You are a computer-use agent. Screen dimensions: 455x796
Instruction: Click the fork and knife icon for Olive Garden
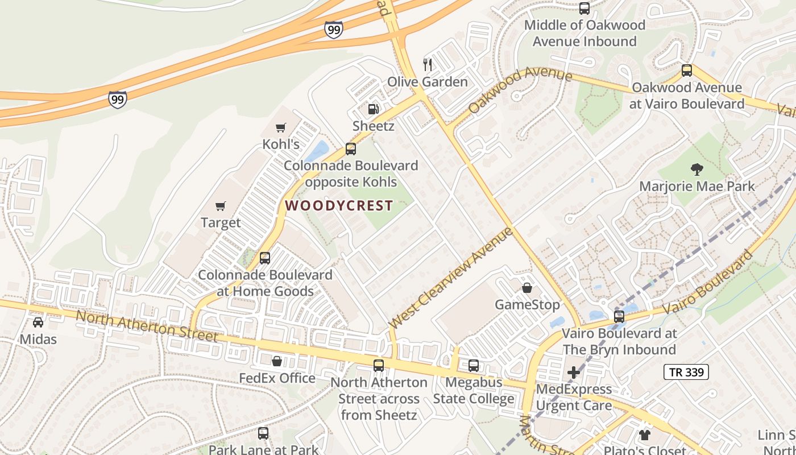coord(428,64)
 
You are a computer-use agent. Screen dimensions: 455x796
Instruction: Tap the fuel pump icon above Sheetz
coord(373,108)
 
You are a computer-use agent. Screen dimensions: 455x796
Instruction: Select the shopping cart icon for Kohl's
coord(280,127)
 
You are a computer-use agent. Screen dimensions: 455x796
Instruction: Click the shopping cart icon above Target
coord(221,206)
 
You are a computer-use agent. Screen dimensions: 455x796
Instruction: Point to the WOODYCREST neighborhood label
coord(339,206)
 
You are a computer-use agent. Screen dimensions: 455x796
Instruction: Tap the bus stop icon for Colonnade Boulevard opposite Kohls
coord(351,149)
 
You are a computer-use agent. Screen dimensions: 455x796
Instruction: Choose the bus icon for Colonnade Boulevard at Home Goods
coord(265,258)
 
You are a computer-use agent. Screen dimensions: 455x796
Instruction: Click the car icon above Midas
coord(38,322)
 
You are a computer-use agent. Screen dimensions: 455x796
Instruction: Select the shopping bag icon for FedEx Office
coord(277,361)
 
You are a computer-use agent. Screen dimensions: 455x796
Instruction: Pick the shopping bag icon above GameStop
coord(527,288)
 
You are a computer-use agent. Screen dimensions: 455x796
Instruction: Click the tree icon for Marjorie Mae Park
coord(696,169)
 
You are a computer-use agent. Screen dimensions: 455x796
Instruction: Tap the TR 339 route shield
coord(686,373)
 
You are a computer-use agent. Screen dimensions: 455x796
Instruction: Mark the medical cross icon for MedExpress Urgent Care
coord(574,373)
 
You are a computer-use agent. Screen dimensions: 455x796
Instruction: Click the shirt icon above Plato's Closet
coord(644,435)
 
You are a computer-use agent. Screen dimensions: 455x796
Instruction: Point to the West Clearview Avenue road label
coord(450,278)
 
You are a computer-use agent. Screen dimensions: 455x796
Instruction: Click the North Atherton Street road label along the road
coord(147,326)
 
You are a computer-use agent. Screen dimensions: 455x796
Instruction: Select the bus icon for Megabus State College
coord(474,366)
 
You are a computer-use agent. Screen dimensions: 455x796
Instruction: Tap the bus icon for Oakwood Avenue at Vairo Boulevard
coord(687,71)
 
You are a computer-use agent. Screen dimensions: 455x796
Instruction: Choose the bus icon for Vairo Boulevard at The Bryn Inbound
coord(619,316)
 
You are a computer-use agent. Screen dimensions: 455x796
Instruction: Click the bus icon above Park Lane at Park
coord(263,433)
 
